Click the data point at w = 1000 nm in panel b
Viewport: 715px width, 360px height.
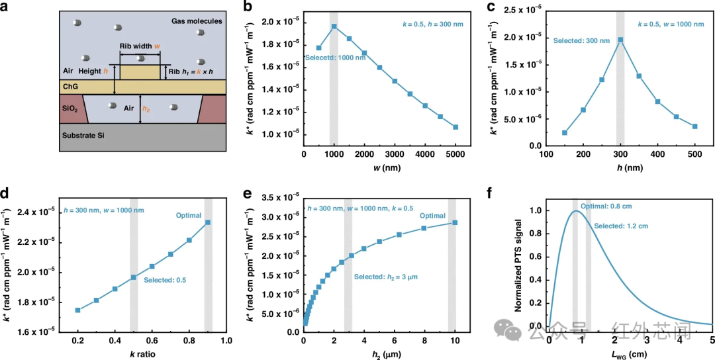334,26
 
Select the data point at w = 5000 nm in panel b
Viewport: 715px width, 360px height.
455,127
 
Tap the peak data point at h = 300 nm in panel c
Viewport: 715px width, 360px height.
620,40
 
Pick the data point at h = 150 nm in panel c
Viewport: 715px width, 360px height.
565,132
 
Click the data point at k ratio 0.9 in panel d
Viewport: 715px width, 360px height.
207,222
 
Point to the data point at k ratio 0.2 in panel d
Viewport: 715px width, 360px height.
78,310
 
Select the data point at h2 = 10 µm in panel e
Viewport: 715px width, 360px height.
455,222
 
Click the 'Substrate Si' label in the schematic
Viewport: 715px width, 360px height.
84,136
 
